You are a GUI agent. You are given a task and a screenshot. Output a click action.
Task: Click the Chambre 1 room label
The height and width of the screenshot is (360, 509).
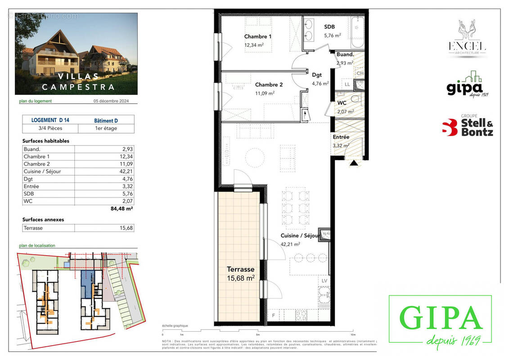coord(258,36)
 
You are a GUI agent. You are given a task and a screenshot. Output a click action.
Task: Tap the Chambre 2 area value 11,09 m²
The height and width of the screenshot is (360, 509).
coord(265,93)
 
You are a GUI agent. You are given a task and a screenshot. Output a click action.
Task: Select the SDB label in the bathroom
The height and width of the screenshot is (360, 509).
coord(329,27)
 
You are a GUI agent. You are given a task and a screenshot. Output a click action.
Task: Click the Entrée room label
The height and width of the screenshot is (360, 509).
coord(341,137)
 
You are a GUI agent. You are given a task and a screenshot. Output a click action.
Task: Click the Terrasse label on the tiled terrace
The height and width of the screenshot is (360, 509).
coord(241,269)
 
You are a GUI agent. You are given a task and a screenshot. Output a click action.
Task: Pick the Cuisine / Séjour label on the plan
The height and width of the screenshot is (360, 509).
coord(300,236)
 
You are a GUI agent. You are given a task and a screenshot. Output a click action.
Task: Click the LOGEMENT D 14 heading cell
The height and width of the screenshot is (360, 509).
coord(50,120)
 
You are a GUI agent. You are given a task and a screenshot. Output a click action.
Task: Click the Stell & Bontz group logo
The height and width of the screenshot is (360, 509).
coord(467,126)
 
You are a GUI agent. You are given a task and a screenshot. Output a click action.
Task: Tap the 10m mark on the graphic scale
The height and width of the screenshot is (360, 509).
coord(352,335)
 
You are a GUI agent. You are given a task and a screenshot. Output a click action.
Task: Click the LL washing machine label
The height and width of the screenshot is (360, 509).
coord(347,84)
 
